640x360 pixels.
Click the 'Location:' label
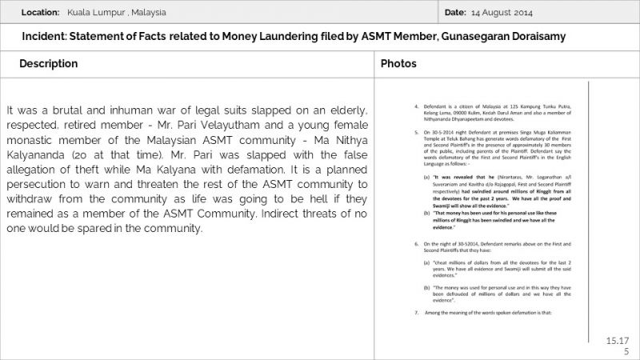(x=41, y=13)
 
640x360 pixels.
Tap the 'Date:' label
(x=454, y=13)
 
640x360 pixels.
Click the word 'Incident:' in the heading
(x=48, y=37)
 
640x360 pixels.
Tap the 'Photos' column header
(x=398, y=63)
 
